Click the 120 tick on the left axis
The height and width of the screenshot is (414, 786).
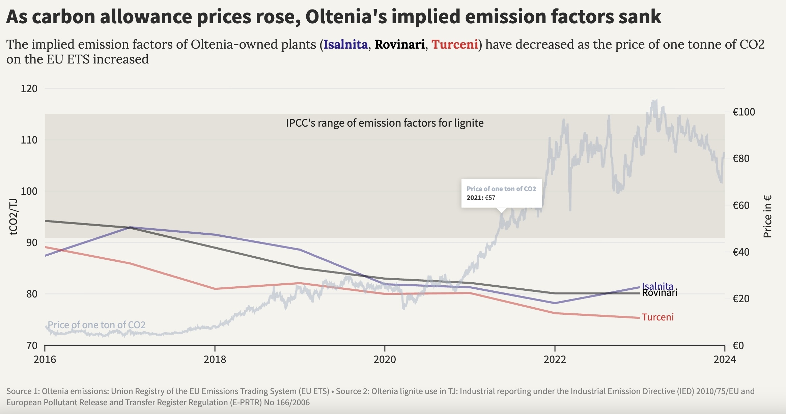pyautogui.click(x=29, y=89)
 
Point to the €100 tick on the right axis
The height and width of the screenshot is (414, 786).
pyautogui.click(x=743, y=112)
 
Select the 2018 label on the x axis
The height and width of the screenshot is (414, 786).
pyautogui.click(x=215, y=359)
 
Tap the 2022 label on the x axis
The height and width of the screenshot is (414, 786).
pyautogui.click(x=555, y=359)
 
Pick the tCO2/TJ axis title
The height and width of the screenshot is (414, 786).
pyautogui.click(x=13, y=217)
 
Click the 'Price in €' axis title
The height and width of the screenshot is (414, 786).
pyautogui.click(x=767, y=216)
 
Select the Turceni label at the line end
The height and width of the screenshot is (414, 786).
pyautogui.click(x=658, y=317)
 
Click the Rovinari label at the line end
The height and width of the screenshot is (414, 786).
pyautogui.click(x=659, y=293)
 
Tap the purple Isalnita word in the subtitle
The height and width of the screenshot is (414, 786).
pyautogui.click(x=345, y=45)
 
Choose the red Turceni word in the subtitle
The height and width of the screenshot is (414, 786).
pyautogui.click(x=455, y=45)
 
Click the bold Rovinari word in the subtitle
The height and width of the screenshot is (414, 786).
pyautogui.click(x=399, y=45)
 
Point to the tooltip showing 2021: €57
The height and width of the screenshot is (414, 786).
pyautogui.click(x=501, y=193)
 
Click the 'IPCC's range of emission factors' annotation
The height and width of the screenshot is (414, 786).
pyautogui.click(x=385, y=123)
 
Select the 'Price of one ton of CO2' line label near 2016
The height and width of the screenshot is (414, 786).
pyautogui.click(x=96, y=325)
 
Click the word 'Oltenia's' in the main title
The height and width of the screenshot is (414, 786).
pyautogui.click(x=346, y=17)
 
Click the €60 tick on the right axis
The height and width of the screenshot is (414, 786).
pyautogui.click(x=741, y=206)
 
